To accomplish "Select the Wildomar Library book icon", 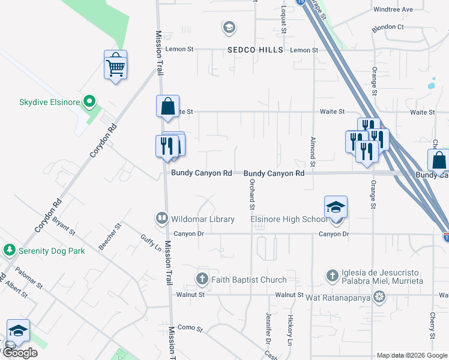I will pyautogui.click(x=161, y=219).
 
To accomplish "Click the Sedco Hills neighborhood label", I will pyautogui.click(x=255, y=50).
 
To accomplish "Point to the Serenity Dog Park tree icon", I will pyautogui.click(x=9, y=251).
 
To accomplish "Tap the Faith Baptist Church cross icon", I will pyautogui.click(x=202, y=279).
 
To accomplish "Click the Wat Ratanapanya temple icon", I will pyautogui.click(x=379, y=296).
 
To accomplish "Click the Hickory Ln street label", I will pyautogui.click(x=289, y=331).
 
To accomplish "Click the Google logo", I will pyautogui.click(x=21, y=353).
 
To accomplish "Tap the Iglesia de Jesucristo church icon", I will pyautogui.click(x=333, y=275).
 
